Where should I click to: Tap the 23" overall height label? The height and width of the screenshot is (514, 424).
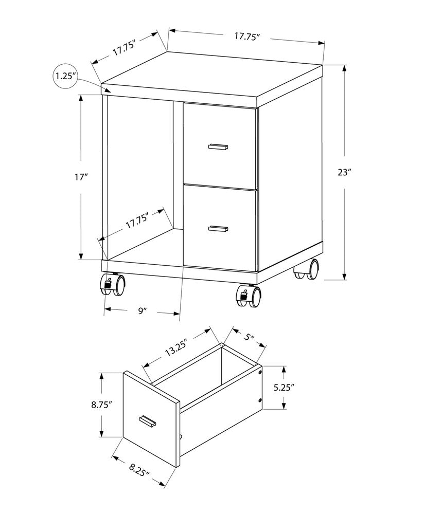(x=344, y=173)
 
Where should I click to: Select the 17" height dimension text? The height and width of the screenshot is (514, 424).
(x=81, y=177)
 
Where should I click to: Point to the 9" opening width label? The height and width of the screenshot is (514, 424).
(x=143, y=310)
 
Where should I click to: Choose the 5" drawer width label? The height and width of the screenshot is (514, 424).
(x=250, y=338)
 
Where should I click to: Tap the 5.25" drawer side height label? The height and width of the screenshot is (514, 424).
(x=284, y=387)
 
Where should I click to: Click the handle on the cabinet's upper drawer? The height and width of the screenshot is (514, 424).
(x=218, y=147)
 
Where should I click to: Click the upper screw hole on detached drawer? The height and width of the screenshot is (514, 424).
(x=260, y=371)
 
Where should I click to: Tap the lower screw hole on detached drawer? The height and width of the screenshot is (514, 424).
(x=260, y=400)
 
